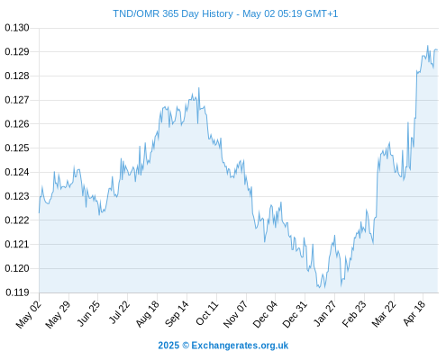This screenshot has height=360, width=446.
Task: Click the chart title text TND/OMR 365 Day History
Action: [173, 14]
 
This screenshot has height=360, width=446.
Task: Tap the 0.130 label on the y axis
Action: [17, 28]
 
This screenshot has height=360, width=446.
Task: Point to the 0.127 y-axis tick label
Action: [17, 100]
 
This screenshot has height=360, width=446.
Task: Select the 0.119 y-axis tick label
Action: [17, 292]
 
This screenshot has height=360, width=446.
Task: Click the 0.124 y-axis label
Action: [17, 172]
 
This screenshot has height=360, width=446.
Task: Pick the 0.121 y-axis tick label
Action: [17, 244]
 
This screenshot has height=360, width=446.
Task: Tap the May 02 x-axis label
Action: [29, 314]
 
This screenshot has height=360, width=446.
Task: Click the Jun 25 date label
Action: [87, 313]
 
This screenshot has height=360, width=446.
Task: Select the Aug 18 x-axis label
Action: [147, 314]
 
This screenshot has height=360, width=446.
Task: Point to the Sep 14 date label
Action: [177, 314]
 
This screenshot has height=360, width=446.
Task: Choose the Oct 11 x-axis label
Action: [206, 313]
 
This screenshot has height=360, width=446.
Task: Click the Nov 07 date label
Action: [236, 314]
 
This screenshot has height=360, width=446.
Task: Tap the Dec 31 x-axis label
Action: [295, 314]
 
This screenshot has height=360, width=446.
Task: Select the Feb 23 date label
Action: [354, 314]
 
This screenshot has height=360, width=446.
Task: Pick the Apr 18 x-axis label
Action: [414, 313]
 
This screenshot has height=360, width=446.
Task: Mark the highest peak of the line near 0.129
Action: [428, 46]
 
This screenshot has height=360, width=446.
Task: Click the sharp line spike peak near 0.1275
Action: [199, 88]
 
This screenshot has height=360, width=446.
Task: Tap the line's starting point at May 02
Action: [39, 212]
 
